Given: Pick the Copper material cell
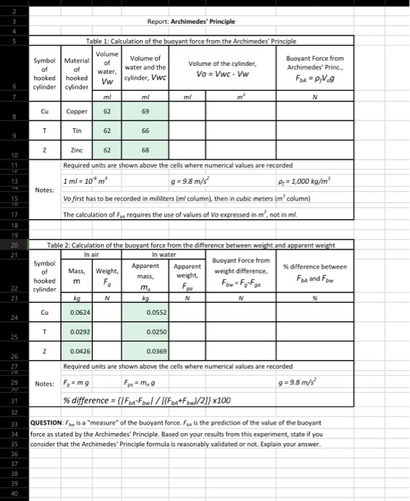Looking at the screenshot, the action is tap(76, 112).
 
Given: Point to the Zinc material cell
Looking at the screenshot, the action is tap(76, 152).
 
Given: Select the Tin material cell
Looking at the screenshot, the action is tap(76, 132).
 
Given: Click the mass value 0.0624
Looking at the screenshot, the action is tap(80, 313).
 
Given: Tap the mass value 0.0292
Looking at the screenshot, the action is tap(80, 332).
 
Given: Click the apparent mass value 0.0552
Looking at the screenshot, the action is tap(156, 313).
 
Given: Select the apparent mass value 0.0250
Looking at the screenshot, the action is tap(156, 332).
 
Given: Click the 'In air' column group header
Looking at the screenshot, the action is tap(92, 253).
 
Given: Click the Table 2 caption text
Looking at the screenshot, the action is tap(191, 245).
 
